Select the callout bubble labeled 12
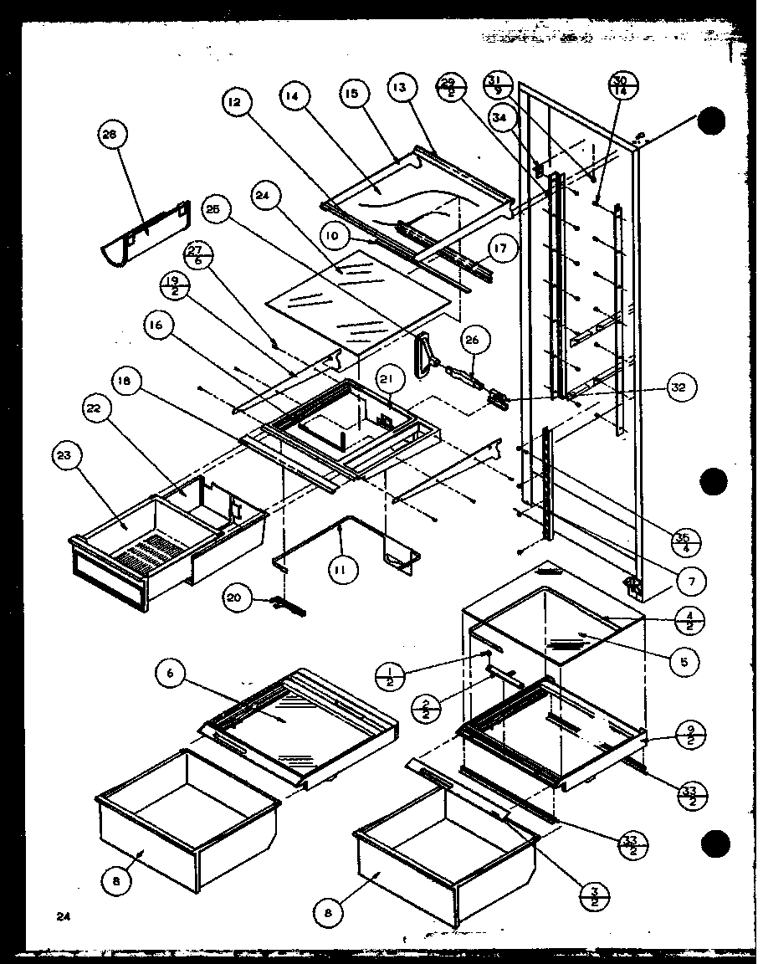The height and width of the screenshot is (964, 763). (234, 102)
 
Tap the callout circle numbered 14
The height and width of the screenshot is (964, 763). (294, 96)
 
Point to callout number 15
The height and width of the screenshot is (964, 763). (351, 95)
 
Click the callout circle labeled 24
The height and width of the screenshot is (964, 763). (265, 196)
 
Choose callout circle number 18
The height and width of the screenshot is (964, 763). (125, 382)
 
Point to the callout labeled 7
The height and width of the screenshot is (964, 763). (691, 580)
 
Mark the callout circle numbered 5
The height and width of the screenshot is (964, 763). (684, 661)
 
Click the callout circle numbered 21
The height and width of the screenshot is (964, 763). (387, 380)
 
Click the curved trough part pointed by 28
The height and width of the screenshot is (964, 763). (142, 230)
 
